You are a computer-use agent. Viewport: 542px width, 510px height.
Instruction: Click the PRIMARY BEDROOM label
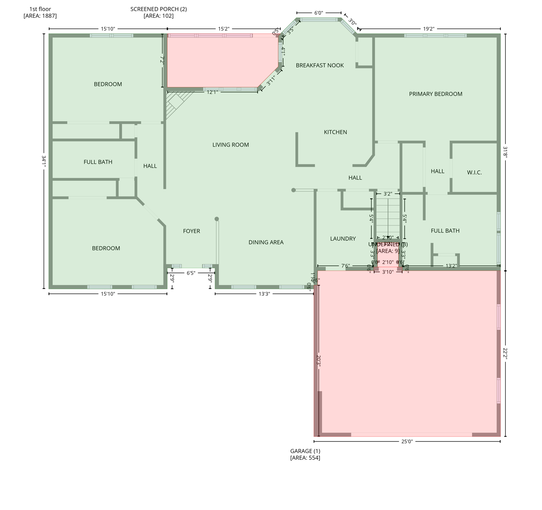pos(435,94)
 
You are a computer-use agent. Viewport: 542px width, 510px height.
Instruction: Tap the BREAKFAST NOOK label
pos(320,65)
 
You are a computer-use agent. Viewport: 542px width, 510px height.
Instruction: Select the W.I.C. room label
pos(474,173)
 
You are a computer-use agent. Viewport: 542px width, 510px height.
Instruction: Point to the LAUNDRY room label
pos(343,239)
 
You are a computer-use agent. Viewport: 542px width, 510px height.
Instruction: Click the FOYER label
pos(191,231)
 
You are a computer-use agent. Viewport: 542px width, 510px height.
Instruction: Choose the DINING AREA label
pos(266,242)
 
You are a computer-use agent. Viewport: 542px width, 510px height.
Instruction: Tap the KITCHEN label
pos(335,132)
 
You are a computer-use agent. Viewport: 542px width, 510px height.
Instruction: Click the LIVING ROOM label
pos(230,145)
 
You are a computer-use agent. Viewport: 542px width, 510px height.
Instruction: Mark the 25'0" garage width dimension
pos(407,442)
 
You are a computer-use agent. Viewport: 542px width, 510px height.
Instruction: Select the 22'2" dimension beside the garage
pos(505,354)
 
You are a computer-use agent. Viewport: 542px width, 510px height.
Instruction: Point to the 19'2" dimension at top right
pos(429,29)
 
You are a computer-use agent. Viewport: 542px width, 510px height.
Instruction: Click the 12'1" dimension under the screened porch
pos(212,92)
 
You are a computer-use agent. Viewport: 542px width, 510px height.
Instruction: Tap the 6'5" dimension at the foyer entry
pos(191,273)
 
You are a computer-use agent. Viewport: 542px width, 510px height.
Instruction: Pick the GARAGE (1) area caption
pos(305,454)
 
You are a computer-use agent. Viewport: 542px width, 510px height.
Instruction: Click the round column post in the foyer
pos(216,219)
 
